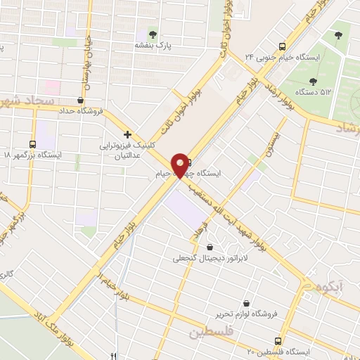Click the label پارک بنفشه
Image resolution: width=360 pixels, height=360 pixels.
pos(154,45)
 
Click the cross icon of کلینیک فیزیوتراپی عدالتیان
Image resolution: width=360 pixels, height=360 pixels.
pos(127,134)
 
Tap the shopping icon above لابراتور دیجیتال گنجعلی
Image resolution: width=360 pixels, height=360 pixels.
pos(210,246)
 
